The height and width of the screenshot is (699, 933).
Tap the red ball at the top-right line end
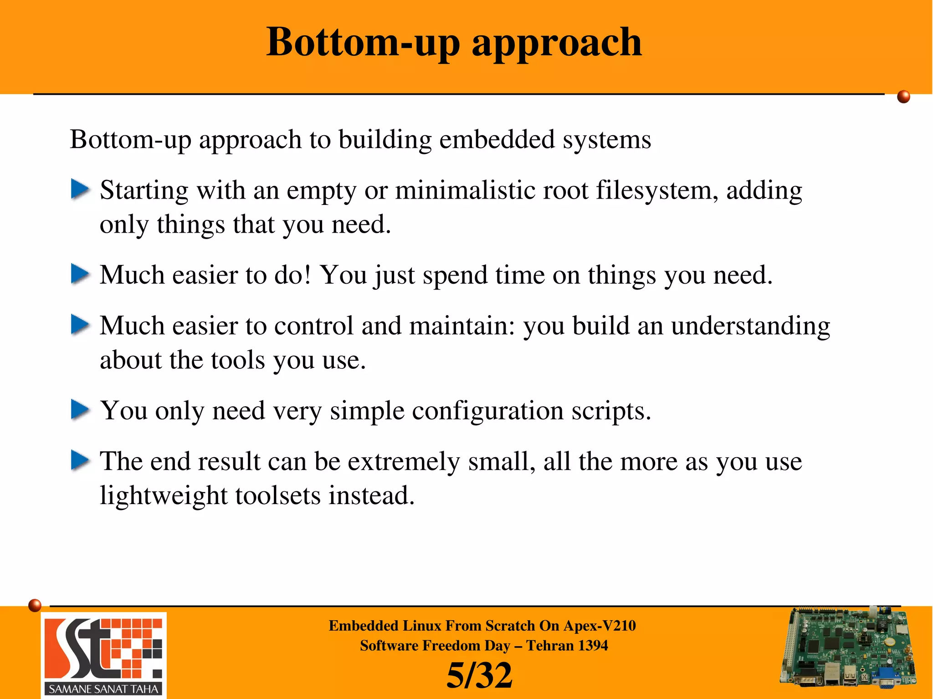coord(903,97)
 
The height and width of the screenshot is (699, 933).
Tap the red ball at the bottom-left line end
coord(35,605)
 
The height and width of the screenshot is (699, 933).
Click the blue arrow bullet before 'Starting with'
coord(80,189)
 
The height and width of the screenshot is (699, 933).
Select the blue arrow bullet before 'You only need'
coord(80,410)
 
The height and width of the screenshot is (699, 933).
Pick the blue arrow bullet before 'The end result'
coord(80,460)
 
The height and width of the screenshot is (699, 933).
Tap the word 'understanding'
coord(750,326)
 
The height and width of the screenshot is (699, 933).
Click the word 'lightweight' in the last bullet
coord(164,496)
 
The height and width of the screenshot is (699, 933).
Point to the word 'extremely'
coord(404,462)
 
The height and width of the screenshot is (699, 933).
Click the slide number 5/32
coord(479,675)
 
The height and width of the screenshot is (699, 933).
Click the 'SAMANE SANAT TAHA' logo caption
coord(103,689)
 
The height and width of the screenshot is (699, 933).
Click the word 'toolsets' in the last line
coord(278,496)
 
